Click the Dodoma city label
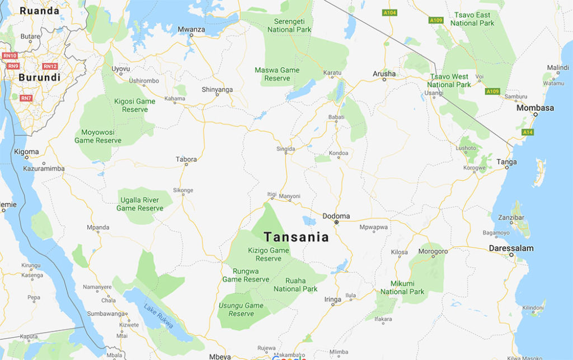tap(336, 216)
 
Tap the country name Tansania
tap(296, 237)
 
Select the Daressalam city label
tap(511, 248)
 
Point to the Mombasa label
tap(535, 107)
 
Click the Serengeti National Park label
tap(289, 25)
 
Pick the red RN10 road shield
tap(10, 55)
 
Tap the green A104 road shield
tap(389, 12)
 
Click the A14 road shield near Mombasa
tap(527, 132)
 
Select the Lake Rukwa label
tap(158, 316)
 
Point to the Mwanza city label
tap(191, 29)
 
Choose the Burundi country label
tap(39, 78)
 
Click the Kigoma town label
tap(27, 152)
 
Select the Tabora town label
tap(186, 159)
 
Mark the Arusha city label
tap(384, 74)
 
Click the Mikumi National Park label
tap(402, 287)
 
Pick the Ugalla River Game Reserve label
tap(140, 204)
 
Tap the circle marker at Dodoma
tap(336, 223)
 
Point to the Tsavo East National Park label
tap(472, 19)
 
